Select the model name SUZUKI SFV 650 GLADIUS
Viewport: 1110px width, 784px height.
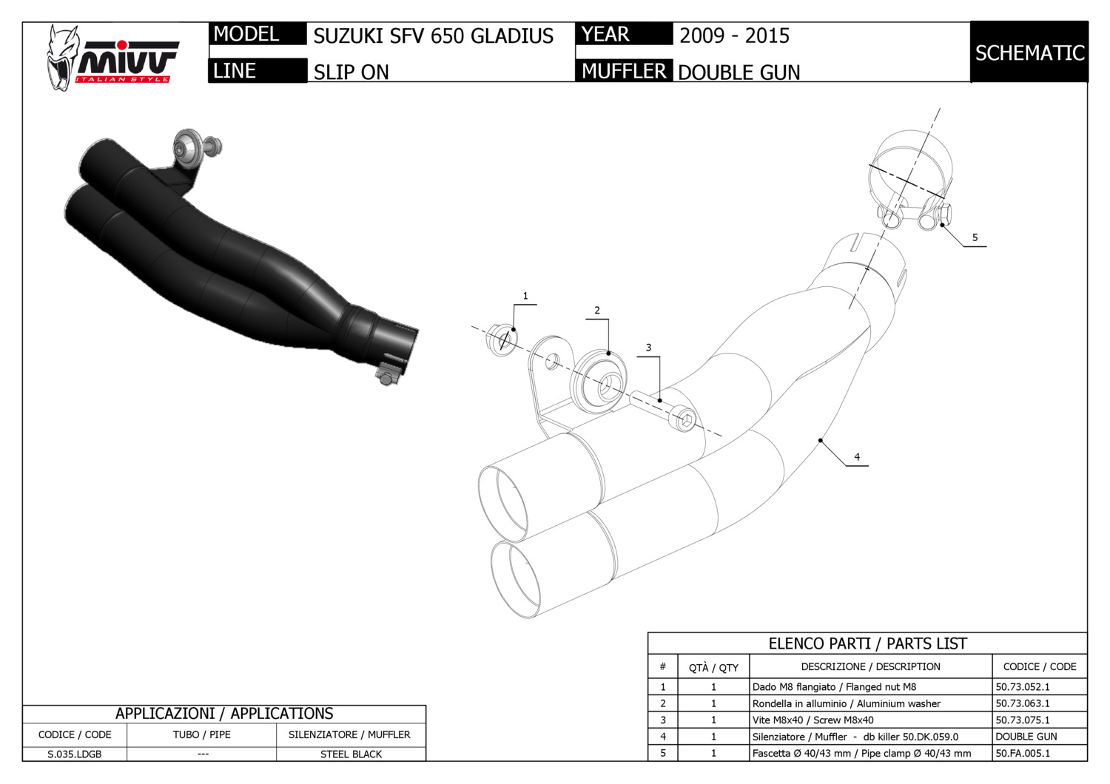[433, 36]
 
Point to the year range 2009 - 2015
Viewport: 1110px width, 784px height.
[734, 36]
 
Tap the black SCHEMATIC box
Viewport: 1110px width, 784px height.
[1029, 53]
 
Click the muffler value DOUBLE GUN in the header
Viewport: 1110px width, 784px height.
[739, 72]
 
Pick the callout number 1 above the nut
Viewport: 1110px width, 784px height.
[525, 296]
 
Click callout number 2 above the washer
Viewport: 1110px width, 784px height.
[597, 311]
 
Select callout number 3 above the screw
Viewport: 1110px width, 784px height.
[648, 348]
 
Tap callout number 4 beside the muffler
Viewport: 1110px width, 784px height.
[857, 457]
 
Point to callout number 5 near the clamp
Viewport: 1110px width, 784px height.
[975, 237]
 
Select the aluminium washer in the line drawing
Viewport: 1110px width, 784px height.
[599, 382]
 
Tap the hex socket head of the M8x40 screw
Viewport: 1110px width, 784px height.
[684, 421]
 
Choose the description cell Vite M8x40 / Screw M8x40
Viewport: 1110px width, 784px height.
[813, 720]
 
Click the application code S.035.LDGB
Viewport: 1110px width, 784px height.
[74, 754]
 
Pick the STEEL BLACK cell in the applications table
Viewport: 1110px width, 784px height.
[351, 754]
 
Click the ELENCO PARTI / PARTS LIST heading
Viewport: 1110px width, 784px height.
[867, 643]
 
